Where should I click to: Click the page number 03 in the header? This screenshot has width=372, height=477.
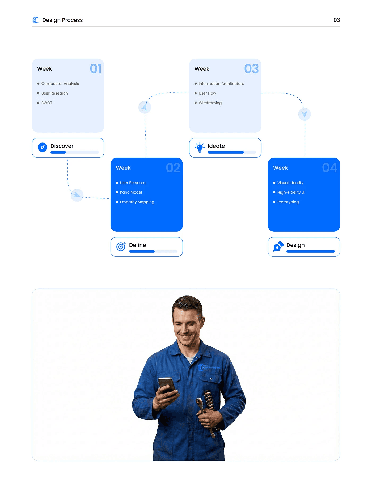tap(337, 20)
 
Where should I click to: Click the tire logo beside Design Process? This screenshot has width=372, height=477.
tap(36, 20)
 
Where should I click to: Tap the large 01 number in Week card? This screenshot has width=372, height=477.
tap(96, 69)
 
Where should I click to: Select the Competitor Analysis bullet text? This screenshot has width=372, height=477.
tap(60, 84)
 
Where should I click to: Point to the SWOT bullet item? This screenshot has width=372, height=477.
tap(47, 103)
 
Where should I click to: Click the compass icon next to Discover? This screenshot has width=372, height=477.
tap(43, 147)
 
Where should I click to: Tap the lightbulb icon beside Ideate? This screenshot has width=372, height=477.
tap(200, 147)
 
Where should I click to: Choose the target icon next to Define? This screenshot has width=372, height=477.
tap(121, 246)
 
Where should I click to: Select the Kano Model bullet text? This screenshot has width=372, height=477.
tap(131, 192)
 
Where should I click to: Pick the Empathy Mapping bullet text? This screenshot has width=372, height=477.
tap(137, 202)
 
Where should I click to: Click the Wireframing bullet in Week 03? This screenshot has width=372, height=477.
tap(210, 103)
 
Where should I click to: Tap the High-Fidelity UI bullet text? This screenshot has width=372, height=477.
tap(291, 192)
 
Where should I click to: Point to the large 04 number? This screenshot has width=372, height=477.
tap(329, 168)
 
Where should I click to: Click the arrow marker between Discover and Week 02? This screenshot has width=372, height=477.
tap(77, 195)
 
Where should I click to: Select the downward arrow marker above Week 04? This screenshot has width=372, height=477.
tap(305, 114)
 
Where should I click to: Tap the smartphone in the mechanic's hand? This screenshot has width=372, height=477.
tap(166, 385)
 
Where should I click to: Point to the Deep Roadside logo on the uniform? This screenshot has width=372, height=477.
tap(209, 368)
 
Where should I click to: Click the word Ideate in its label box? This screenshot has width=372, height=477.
tap(216, 146)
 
